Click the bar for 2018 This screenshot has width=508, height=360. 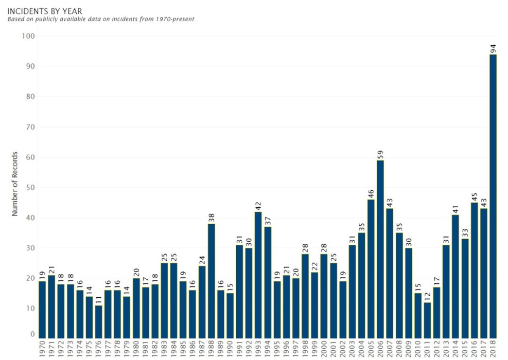pos(493,196)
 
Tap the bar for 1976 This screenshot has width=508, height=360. pos(98,321)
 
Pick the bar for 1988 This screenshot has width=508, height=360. pos(211,281)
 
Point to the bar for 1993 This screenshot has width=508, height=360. pos(258,275)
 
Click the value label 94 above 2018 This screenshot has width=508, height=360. pos(493,49)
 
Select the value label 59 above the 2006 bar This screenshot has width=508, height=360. pos(380,154)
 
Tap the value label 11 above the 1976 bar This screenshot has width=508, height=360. pos(99,300)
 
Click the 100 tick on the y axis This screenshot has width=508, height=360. pos(28,36)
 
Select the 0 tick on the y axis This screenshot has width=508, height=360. pos(32,334)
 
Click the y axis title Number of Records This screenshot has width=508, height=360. pos(15,184)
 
